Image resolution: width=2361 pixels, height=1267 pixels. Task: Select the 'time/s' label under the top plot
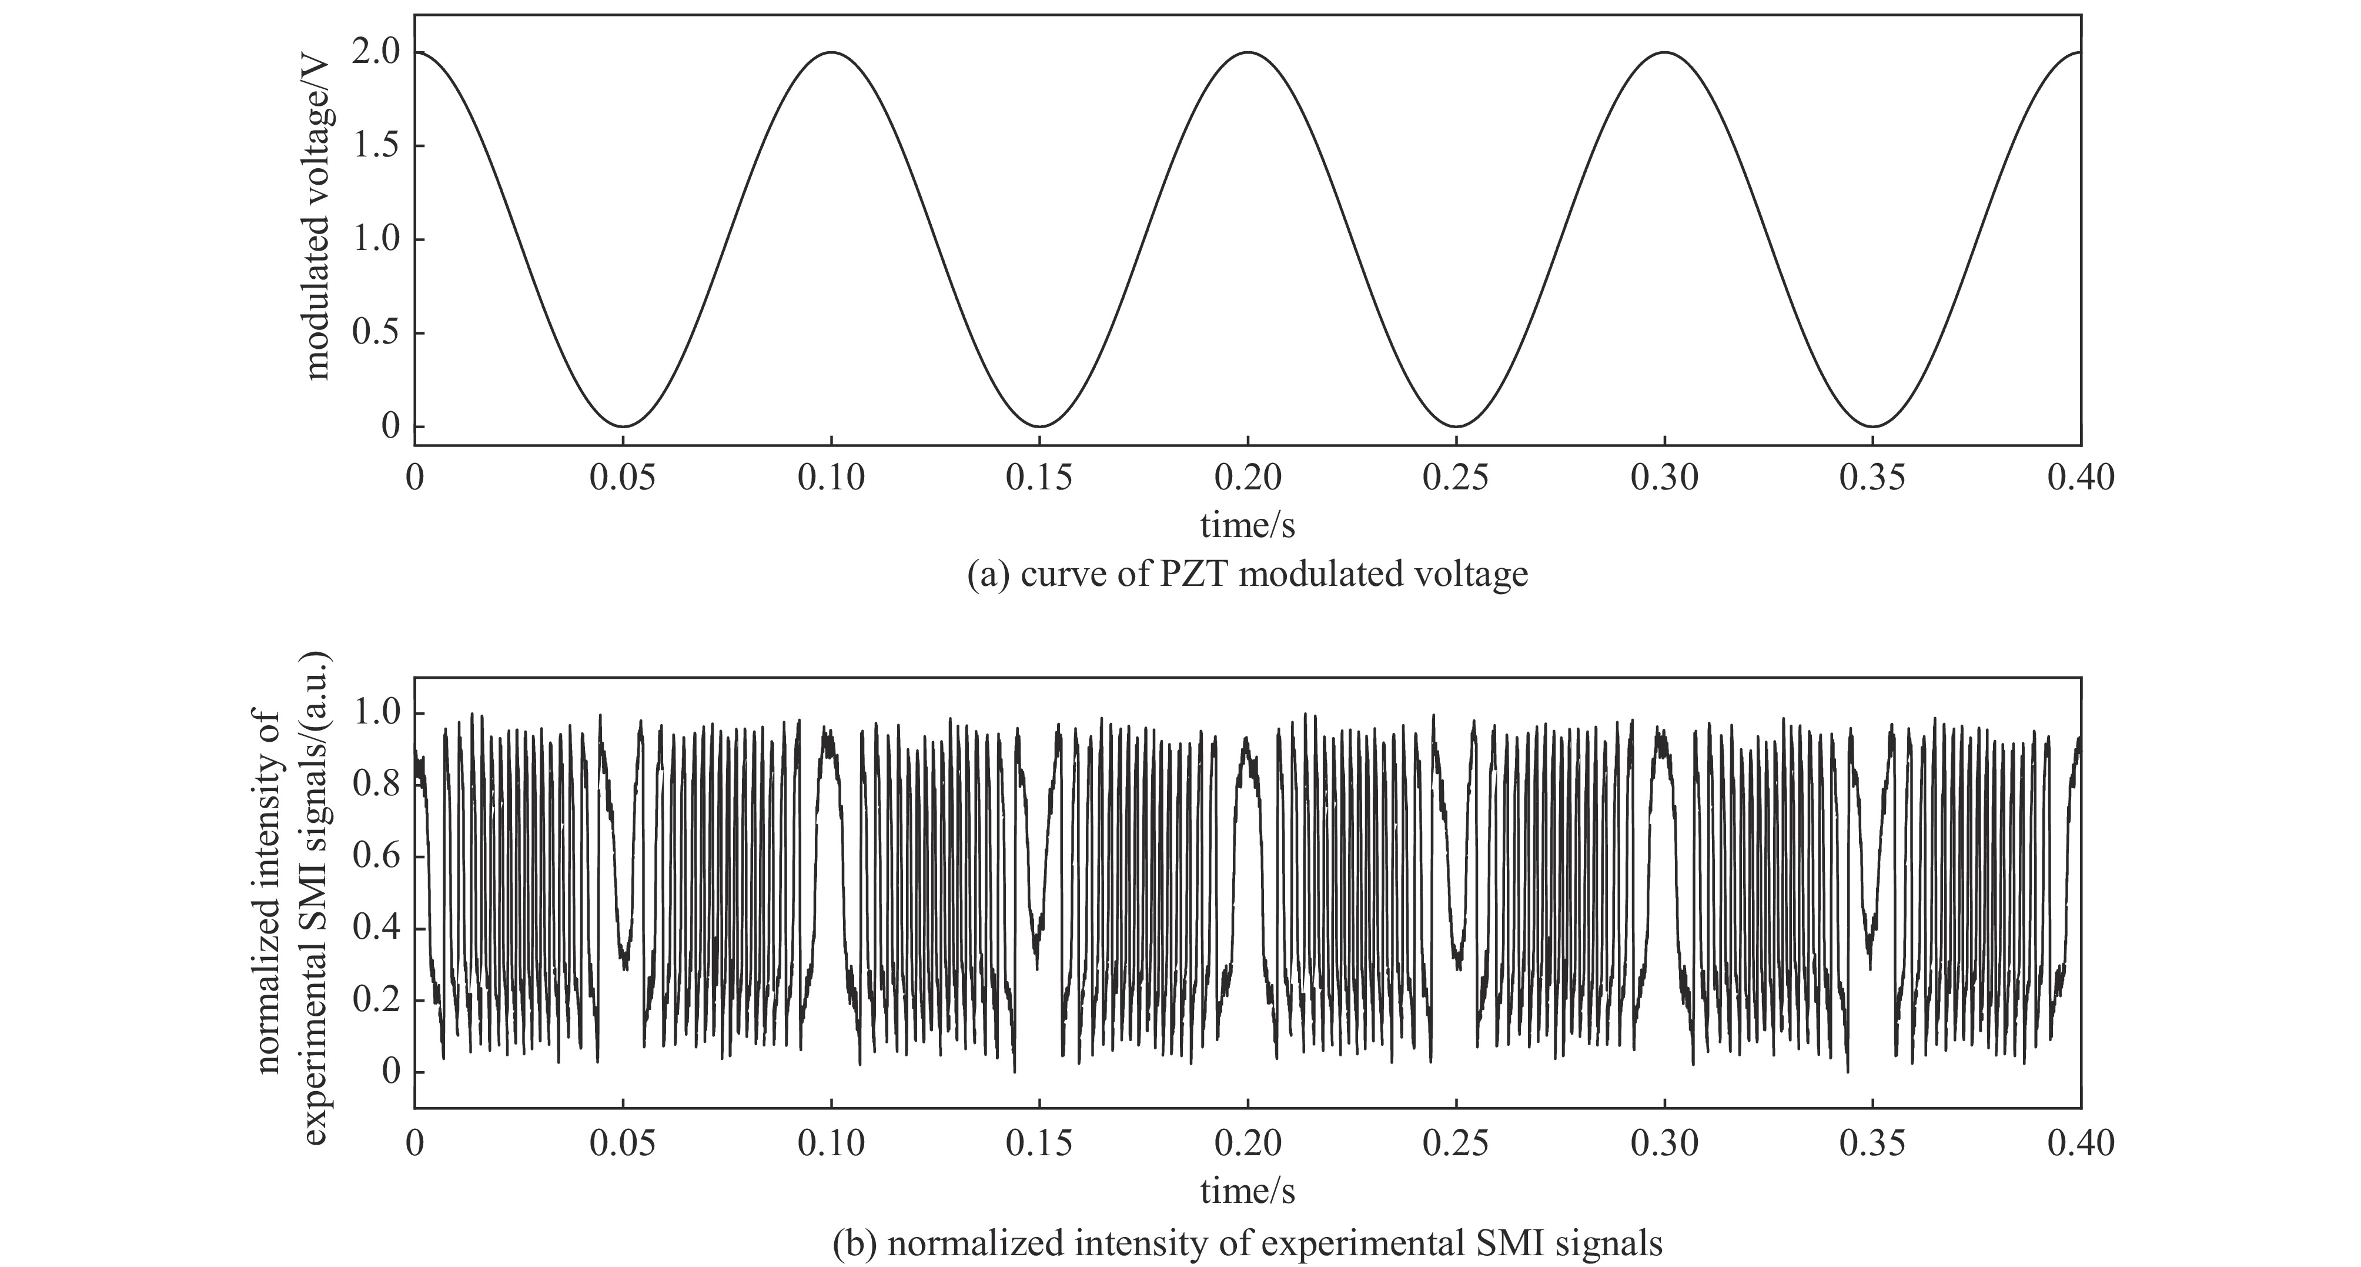(1248, 525)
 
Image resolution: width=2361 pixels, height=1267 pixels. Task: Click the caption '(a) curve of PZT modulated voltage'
(1248, 575)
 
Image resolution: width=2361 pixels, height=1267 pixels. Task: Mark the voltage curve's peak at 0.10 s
(831, 52)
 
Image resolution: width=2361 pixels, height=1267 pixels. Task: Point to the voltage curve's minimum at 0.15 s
(1039, 426)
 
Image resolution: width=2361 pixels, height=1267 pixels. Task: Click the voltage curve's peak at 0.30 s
(1664, 52)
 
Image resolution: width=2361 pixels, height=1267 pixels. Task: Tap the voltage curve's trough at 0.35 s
(1872, 426)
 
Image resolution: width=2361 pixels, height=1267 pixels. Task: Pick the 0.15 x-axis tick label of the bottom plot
(1039, 1143)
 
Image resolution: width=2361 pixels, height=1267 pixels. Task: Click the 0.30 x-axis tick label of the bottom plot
(1664, 1143)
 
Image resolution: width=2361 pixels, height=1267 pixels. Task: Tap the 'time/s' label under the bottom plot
(1248, 1191)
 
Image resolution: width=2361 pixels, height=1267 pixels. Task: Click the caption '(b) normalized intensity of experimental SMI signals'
(1248, 1244)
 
